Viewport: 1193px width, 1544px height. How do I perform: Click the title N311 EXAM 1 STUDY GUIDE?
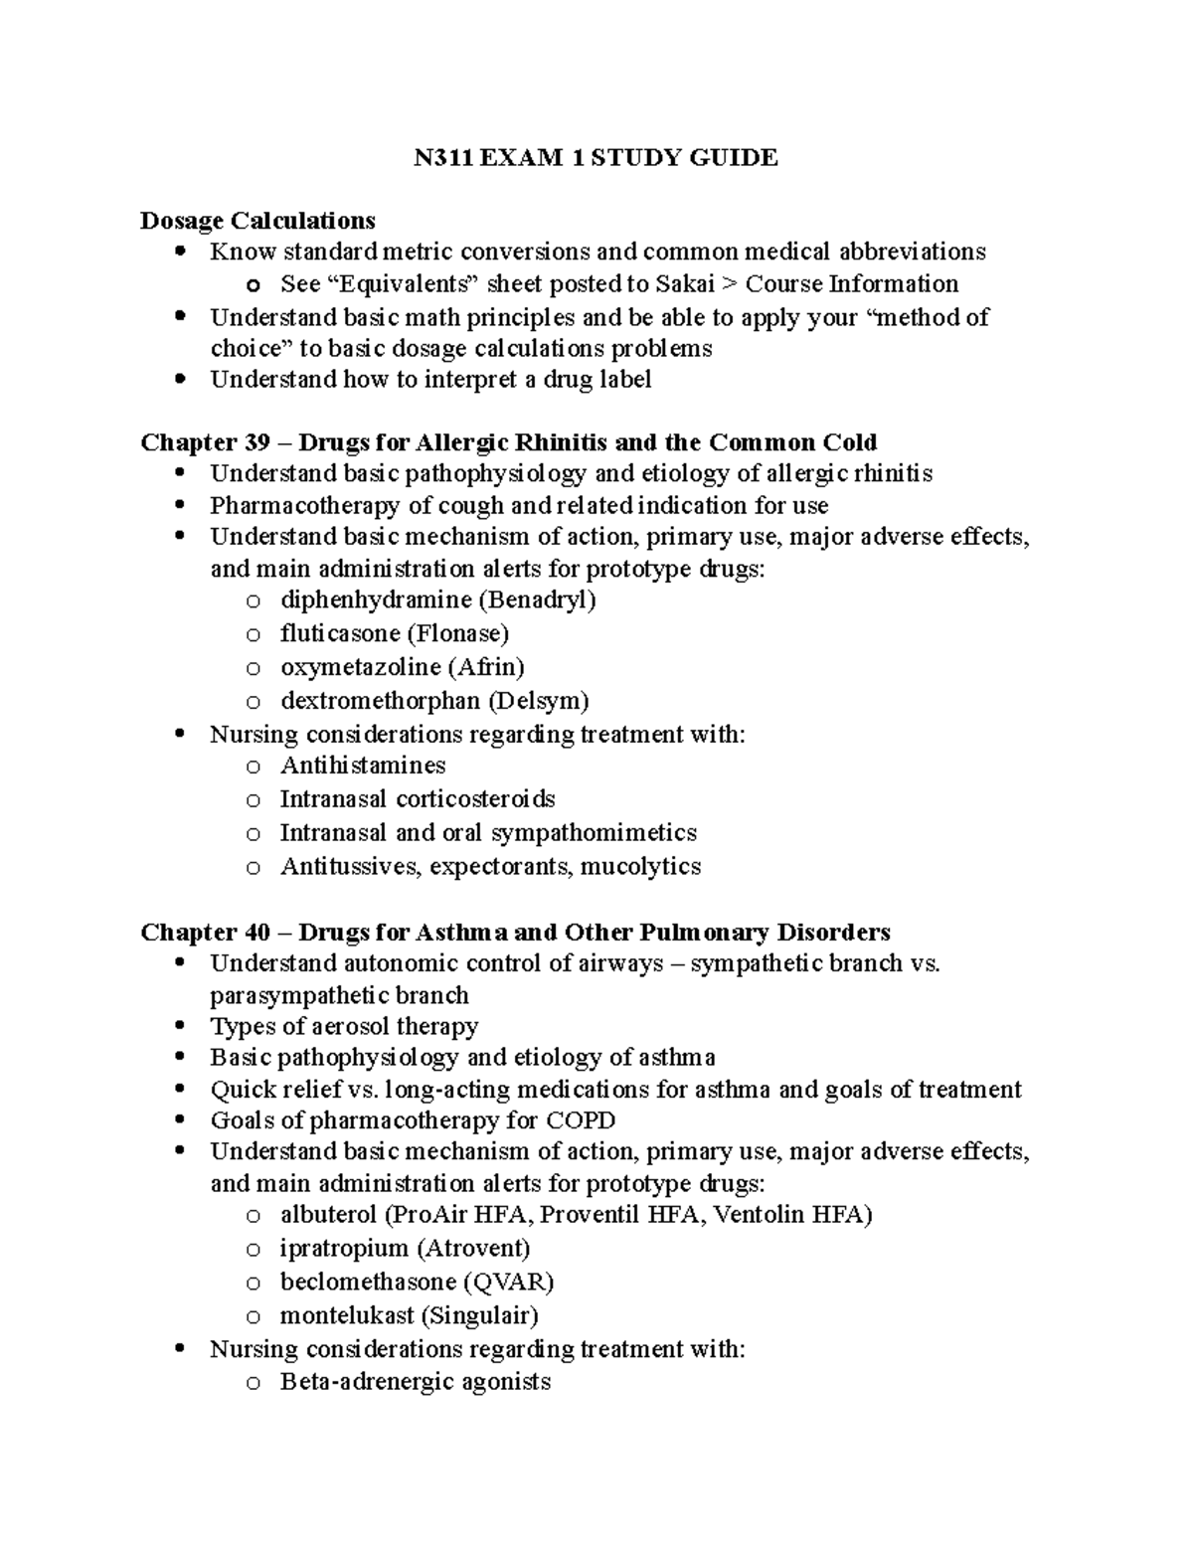tap(596, 158)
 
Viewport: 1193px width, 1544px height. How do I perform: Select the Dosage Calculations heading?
tap(257, 220)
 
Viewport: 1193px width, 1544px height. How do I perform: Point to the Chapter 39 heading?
tap(508, 441)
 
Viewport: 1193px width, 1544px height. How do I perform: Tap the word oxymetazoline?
tap(360, 667)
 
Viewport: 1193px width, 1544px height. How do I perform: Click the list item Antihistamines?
tap(362, 766)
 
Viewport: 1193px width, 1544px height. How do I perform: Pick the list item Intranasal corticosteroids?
tap(417, 799)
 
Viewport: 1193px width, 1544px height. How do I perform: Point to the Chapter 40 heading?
tap(515, 933)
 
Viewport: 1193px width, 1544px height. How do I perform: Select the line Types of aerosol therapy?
tap(344, 1026)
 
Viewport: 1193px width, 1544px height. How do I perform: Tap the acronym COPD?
tap(581, 1120)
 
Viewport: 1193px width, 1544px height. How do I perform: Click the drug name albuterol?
tap(328, 1215)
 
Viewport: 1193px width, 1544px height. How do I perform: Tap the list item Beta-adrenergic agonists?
tap(415, 1382)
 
